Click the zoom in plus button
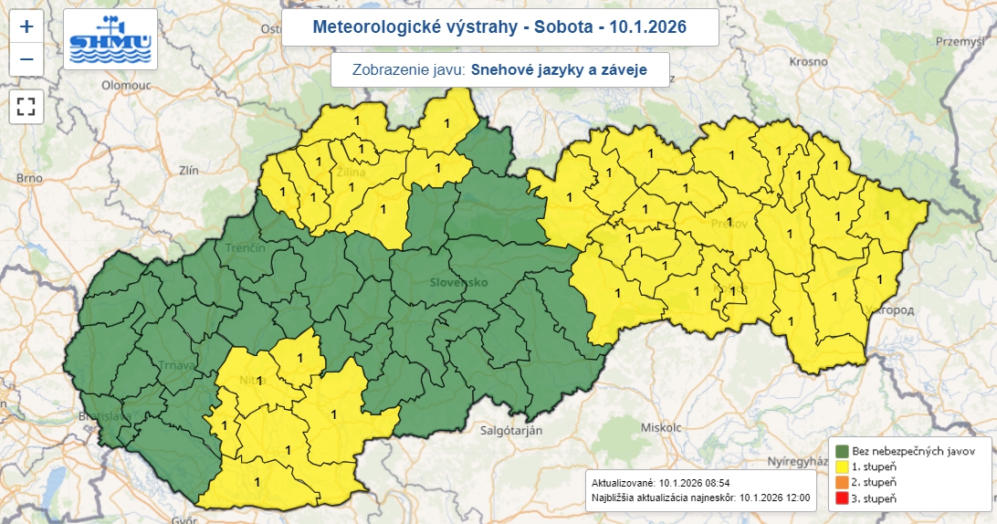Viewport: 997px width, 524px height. pos(26,27)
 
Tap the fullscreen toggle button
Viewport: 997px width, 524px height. pos(26,105)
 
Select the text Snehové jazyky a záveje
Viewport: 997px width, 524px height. pos(565,69)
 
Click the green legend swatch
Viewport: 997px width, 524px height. pos(842,451)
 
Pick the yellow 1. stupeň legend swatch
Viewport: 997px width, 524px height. pos(842,466)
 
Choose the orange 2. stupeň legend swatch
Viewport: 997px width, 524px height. pos(842,482)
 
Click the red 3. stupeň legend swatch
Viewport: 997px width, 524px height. pos(842,498)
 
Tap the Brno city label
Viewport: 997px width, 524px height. pos(30,178)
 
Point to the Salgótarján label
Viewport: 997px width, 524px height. pos(511,430)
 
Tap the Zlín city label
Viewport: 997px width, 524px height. pos(189,170)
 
